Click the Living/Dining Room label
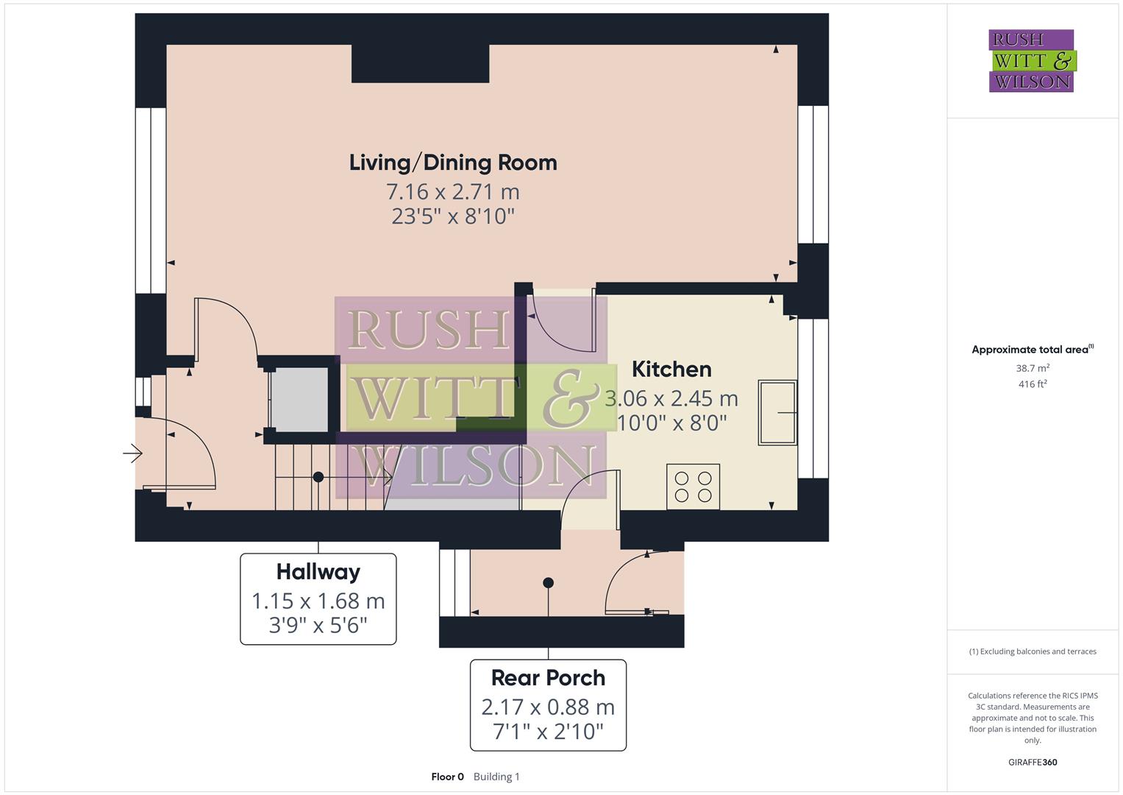tap(453, 163)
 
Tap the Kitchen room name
tap(671, 369)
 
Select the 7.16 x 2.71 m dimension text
tap(453, 191)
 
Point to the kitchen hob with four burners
tap(693, 487)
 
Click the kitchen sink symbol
tap(777, 412)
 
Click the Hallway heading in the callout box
tap(318, 572)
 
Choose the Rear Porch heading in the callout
tap(548, 678)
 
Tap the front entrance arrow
tap(132, 453)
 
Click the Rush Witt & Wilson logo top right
tap(1031, 61)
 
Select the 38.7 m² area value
tap(1033, 368)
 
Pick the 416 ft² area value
tap(1033, 384)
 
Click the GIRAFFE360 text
tap(1033, 762)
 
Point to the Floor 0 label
tap(447, 777)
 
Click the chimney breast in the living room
tap(420, 63)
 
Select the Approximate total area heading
tap(1031, 350)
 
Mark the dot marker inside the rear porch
tap(548, 583)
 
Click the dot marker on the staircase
tap(318, 477)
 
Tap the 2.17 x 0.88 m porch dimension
tap(548, 707)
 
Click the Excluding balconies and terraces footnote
tap(1033, 651)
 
